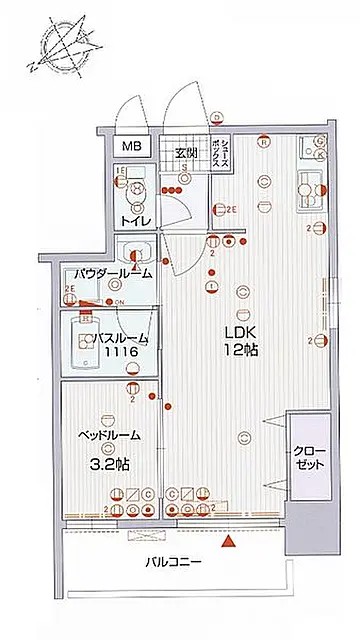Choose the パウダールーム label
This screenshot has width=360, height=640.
pyautogui.click(x=111, y=273)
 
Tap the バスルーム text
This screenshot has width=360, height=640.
pyautogui.click(x=118, y=339)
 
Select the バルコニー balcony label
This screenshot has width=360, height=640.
pyautogui.click(x=171, y=562)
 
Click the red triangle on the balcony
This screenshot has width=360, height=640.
pyautogui.click(x=230, y=542)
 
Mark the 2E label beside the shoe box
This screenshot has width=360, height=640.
pyautogui.click(x=231, y=209)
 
